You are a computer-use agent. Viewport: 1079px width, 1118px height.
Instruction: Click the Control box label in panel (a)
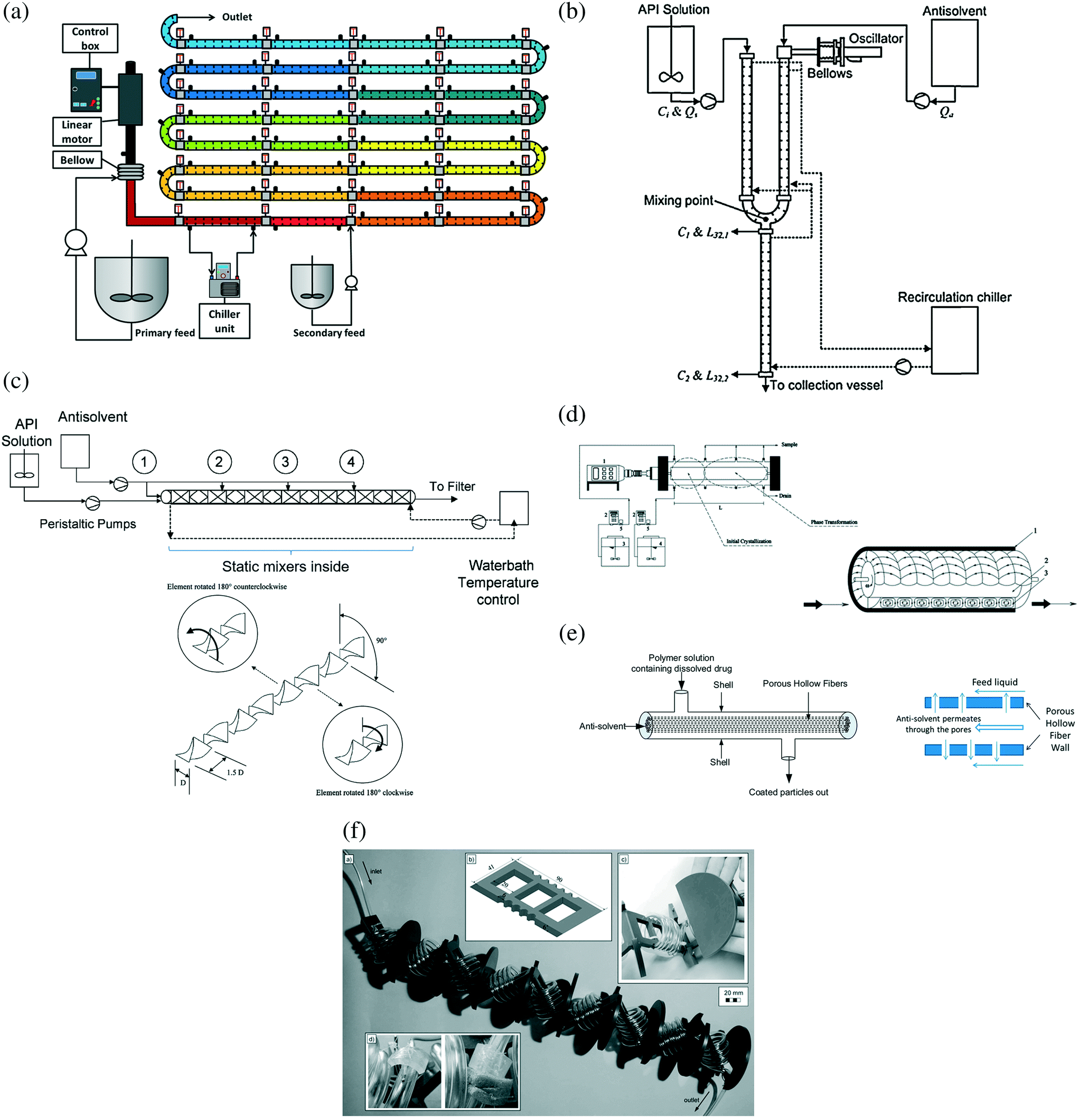pos(90,38)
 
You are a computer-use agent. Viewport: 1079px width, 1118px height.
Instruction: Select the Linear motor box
pos(77,132)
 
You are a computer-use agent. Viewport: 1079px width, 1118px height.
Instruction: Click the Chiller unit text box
pos(224,321)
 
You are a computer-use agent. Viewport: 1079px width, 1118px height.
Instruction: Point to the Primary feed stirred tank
pos(131,288)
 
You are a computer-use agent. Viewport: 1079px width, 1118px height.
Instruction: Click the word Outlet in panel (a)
pos(237,17)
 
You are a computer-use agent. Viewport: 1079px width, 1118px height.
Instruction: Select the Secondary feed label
pos(329,333)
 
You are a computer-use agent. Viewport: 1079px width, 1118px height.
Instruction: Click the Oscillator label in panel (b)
pos(875,39)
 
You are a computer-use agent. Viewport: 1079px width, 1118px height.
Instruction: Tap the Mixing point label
pos(678,200)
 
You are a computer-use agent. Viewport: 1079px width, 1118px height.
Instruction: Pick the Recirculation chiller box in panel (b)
pos(954,340)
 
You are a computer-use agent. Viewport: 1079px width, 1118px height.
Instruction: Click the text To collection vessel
pos(825,385)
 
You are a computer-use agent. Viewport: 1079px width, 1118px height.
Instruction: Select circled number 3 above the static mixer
pos(285,462)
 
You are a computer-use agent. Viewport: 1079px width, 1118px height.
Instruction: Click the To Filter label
pos(452,486)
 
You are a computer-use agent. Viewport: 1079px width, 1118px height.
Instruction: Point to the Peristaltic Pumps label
pos(88,524)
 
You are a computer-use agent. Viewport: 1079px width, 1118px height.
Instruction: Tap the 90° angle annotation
pos(381,640)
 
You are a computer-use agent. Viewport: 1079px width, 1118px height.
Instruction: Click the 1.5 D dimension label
pos(235,772)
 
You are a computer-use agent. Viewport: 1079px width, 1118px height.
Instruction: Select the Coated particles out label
pos(788,792)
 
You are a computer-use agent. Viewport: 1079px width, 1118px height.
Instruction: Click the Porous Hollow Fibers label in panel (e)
pos(804,683)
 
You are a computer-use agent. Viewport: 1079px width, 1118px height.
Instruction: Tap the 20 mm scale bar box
pos(733,995)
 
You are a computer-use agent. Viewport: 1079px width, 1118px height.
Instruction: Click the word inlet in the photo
pos(376,871)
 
